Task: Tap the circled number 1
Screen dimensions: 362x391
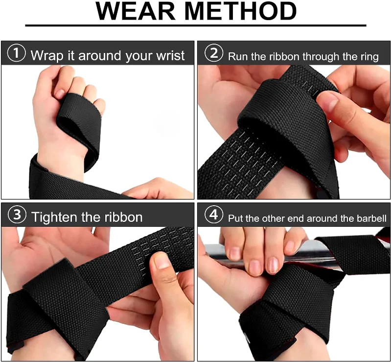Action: point(17,53)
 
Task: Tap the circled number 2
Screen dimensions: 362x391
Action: point(213,53)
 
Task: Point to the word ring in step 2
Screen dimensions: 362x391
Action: point(368,56)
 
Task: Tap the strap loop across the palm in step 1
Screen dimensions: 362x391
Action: point(76,122)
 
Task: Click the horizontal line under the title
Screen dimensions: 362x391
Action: point(195,25)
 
